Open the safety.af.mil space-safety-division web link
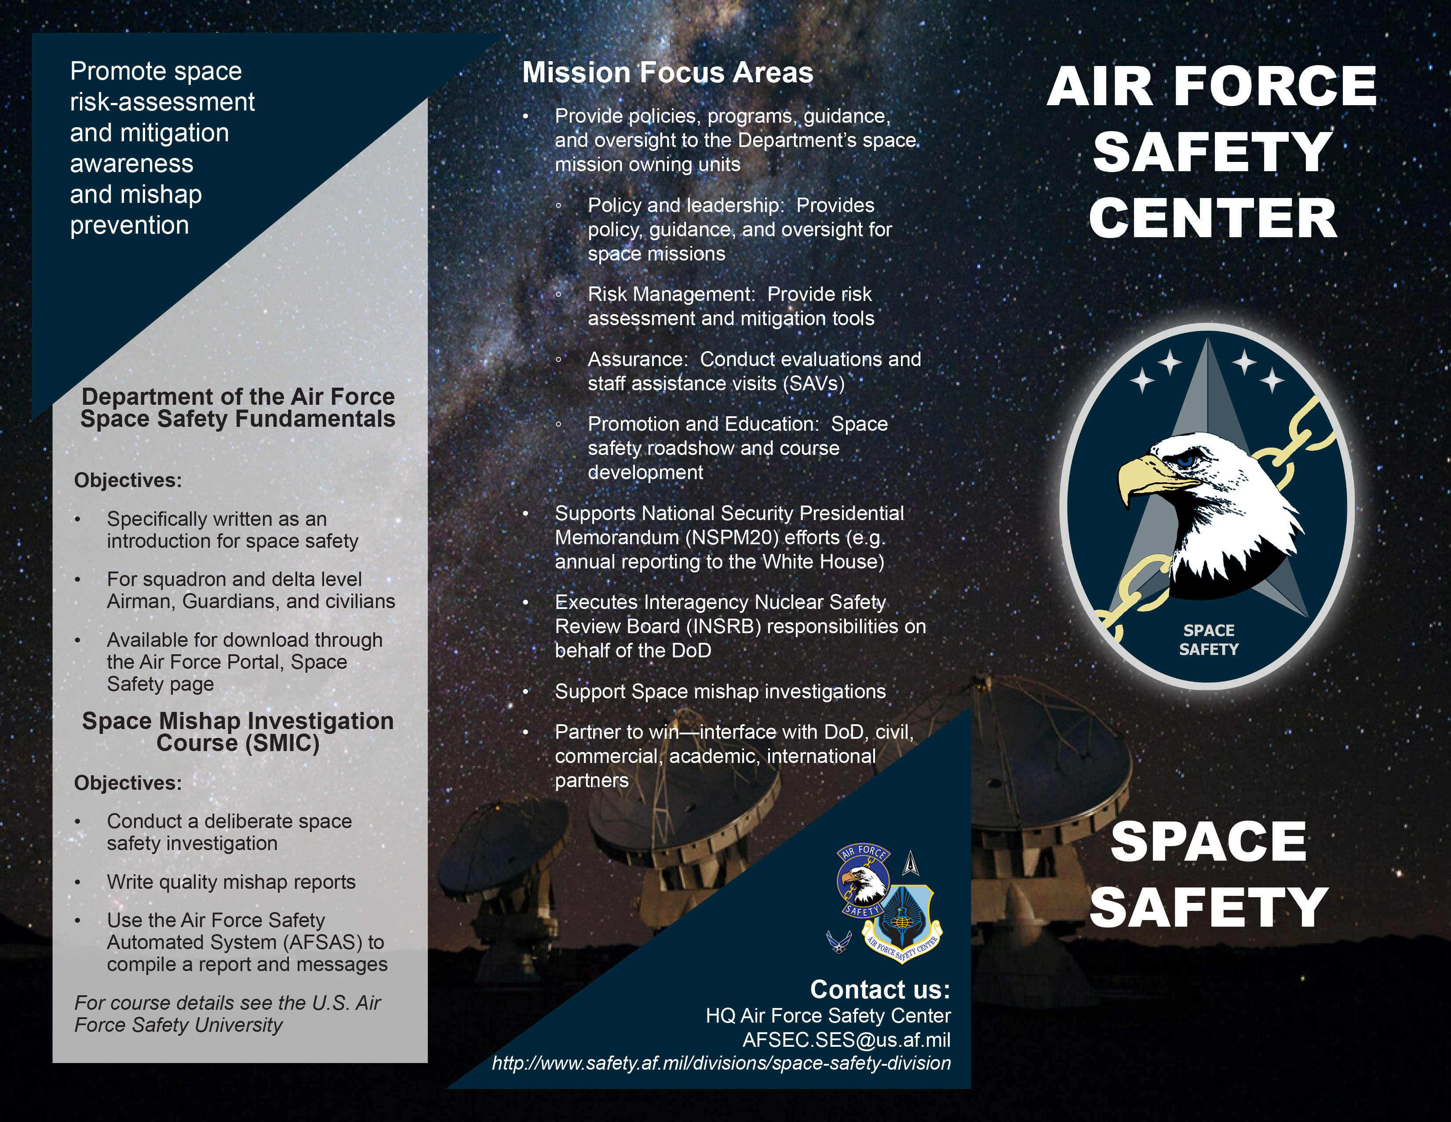[721, 1063]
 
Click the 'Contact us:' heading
[880, 990]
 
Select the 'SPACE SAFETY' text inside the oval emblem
[1208, 639]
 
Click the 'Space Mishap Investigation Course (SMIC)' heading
[238, 732]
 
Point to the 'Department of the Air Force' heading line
[238, 397]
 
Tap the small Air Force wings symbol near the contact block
[839, 942]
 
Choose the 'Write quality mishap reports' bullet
[231, 882]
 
